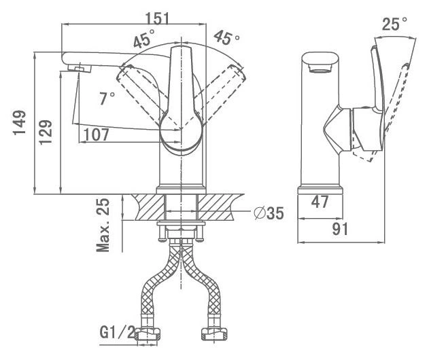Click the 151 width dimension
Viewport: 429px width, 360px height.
(157, 18)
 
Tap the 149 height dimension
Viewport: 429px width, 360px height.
(19, 123)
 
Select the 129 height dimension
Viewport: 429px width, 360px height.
(45, 132)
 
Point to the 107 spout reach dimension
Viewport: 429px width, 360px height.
(97, 134)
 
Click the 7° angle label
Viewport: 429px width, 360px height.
(107, 98)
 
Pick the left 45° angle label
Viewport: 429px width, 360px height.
(144, 39)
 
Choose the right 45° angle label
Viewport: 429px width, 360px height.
(226, 38)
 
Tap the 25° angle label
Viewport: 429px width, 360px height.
(394, 24)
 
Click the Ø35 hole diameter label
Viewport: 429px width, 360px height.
(269, 213)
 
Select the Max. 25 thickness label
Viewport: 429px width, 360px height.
(103, 225)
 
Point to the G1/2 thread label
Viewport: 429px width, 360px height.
(118, 332)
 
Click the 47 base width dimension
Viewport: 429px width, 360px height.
(320, 202)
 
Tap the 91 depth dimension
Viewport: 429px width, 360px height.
(340, 229)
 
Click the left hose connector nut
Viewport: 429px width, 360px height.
(148, 334)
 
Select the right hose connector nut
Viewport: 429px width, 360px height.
(214, 334)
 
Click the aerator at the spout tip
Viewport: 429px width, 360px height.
(80, 68)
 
